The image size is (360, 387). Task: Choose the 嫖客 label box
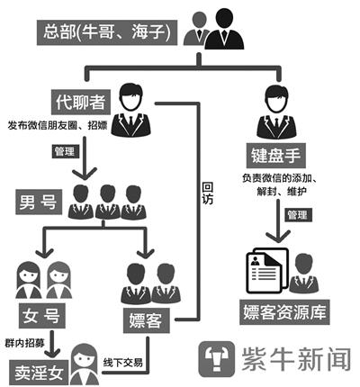pyautogui.click(x=147, y=317)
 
